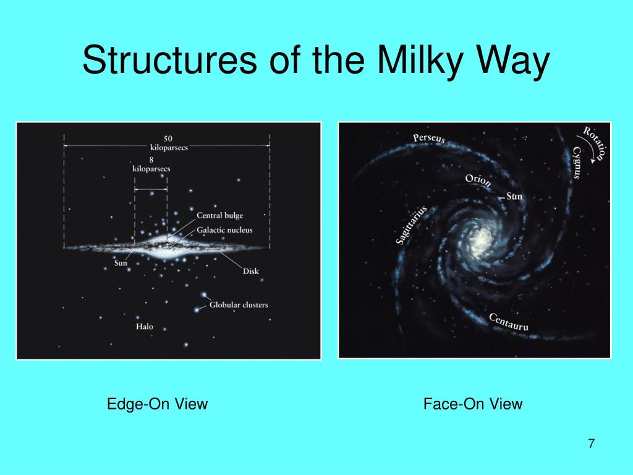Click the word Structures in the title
point(169,60)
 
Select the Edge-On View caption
point(157,404)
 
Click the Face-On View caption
point(473,404)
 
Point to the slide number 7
point(592,443)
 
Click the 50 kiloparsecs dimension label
point(169,143)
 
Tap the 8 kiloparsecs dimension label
point(151,165)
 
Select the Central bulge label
point(219,216)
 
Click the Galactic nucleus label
point(224,230)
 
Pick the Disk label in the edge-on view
point(251,272)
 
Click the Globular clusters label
point(239,304)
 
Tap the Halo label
point(145,327)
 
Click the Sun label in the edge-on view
point(121,263)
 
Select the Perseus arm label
point(429,139)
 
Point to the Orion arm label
point(478,181)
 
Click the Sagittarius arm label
point(411,225)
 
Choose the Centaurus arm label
point(509,322)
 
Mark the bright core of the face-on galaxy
point(481,242)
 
